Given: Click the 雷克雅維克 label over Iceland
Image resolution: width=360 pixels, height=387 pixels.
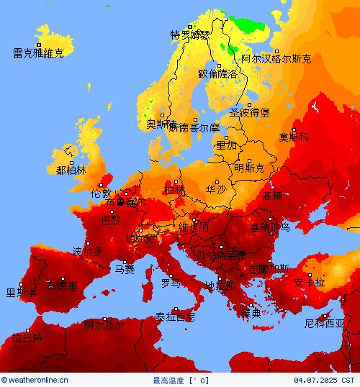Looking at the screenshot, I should coord(38,53).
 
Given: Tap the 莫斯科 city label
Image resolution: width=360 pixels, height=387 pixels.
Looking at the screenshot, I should coord(294,137).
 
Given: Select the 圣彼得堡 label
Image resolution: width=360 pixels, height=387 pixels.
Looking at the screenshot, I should coord(249,113).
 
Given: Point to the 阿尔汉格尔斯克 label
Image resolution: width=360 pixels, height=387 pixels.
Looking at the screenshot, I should coord(276,59).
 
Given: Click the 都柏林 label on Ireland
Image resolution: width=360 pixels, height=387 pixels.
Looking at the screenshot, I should coord(71,170).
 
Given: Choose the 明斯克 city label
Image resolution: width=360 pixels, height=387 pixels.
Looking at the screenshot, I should coord(249,168).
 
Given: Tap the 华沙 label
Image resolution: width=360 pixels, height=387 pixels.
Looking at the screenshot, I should coord(215,190).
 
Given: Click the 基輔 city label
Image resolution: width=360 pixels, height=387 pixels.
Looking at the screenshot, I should coord(272,195).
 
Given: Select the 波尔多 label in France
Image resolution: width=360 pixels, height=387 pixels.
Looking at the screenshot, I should coord(88,251).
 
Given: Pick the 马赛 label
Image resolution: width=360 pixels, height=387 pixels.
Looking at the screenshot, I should coord(125,270).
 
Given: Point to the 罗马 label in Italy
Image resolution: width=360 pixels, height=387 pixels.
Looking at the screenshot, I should coord(171,283).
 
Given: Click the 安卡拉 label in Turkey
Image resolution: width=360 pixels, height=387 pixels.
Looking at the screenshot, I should coord(310,283).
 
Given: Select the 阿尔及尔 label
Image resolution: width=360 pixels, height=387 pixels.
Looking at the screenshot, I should coord(104,325).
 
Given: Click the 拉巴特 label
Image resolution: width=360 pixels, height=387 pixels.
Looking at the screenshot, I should coord(27,338).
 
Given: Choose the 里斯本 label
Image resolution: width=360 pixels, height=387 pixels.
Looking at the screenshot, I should coord(21,292).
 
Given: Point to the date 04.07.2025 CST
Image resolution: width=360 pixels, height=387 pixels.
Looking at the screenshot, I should coord(324,380).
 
